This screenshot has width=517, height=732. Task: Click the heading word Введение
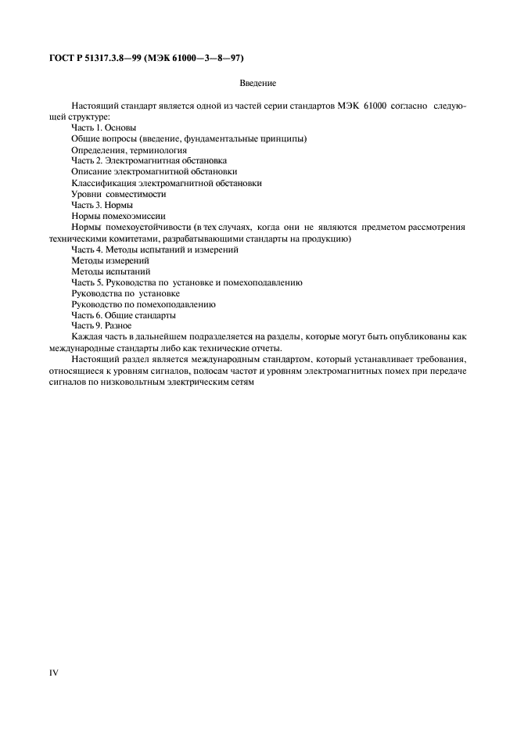coord(258,81)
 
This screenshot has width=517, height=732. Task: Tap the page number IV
coord(54,672)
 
